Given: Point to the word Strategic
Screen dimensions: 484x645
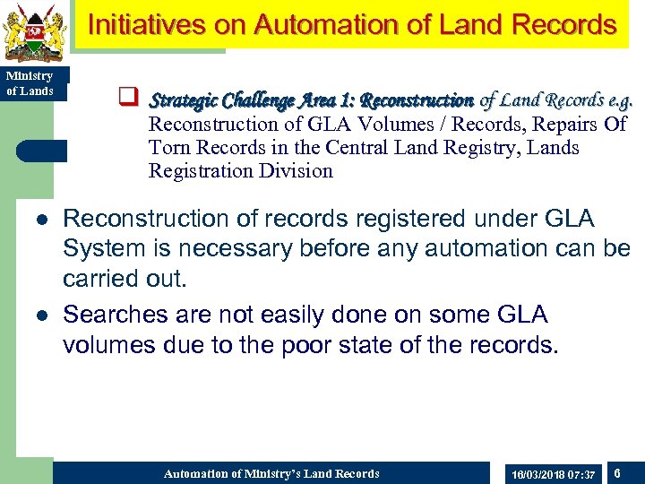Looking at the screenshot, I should coord(185,99).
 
